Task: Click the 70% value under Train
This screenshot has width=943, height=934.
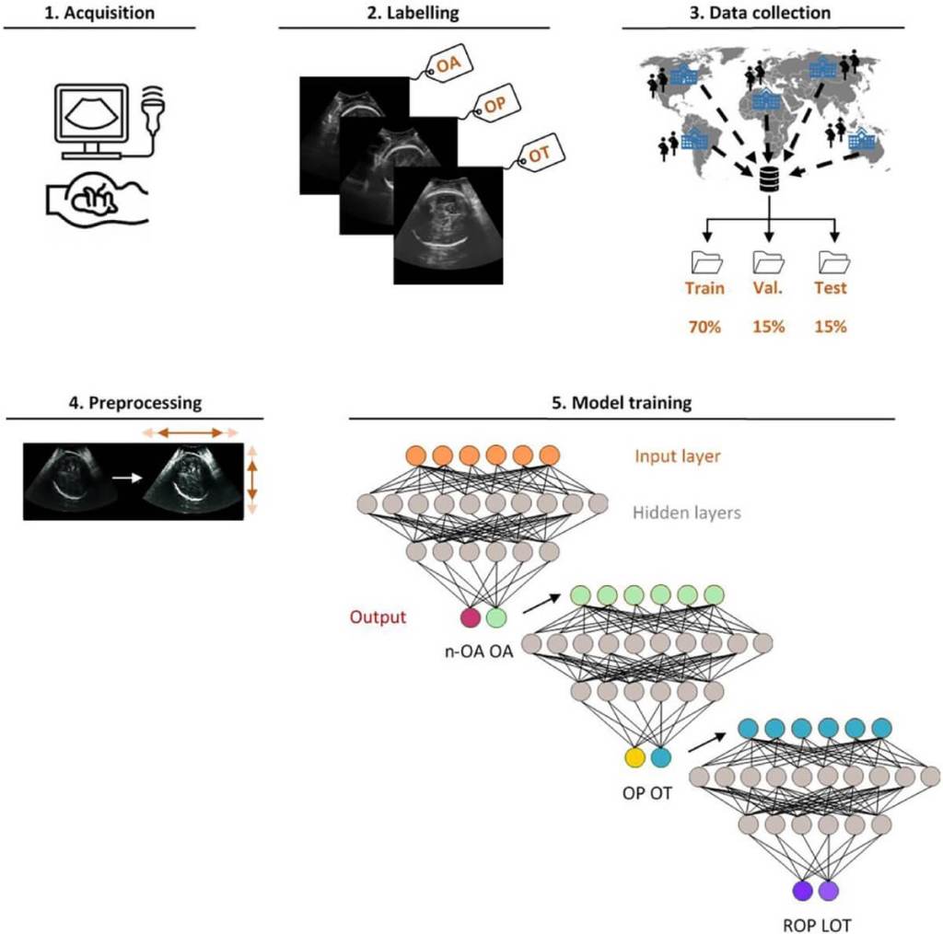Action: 704,327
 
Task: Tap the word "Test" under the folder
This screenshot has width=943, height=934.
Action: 831,288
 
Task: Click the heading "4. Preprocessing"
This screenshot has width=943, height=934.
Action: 134,402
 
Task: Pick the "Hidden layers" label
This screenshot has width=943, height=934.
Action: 686,513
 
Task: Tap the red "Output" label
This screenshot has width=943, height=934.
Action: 378,616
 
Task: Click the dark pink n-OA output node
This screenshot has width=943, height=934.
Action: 471,618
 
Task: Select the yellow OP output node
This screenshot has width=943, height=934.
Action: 634,757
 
